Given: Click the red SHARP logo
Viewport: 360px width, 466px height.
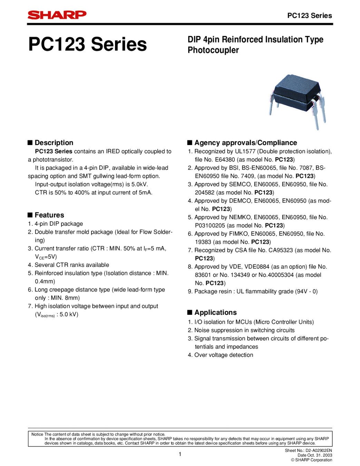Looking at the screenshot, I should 57,15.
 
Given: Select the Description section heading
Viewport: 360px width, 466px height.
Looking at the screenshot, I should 54,143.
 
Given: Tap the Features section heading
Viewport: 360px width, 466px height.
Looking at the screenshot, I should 49,215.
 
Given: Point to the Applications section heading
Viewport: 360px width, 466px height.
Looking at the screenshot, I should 215,312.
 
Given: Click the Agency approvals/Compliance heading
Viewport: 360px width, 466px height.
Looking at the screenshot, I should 245,143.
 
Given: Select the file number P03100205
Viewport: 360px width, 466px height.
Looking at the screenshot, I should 210,225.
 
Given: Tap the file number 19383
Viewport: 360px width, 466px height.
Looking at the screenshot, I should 203,242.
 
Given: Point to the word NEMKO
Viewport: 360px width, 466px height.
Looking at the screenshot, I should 241,217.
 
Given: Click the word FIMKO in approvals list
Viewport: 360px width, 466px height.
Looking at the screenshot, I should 239,234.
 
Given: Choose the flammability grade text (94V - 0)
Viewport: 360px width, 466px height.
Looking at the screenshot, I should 306,291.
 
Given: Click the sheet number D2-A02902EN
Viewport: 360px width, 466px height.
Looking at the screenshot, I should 319,450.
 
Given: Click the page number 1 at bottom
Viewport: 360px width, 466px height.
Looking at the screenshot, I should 180,454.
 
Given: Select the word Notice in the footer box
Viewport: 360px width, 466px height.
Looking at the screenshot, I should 37,434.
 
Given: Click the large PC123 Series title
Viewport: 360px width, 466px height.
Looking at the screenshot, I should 88,44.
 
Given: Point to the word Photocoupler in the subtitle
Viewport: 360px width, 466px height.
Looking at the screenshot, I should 213,50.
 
